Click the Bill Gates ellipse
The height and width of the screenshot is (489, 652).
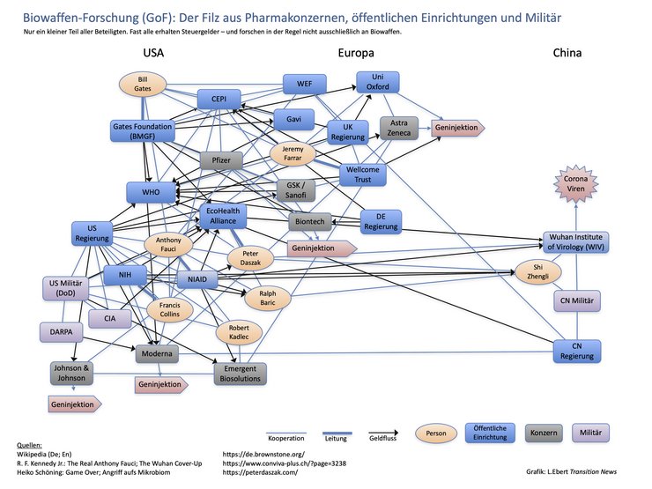143,84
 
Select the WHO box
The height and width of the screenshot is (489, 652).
151,192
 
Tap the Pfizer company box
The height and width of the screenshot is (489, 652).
221,160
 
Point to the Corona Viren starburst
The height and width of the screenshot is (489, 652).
576,184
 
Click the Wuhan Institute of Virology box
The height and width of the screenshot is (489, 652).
575,242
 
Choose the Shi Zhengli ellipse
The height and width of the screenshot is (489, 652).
538,272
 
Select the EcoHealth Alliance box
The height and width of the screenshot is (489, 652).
223,216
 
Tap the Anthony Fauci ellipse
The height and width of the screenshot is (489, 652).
168,245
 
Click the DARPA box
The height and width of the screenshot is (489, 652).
61,332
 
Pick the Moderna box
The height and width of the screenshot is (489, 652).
157,354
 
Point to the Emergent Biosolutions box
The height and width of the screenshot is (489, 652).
240,374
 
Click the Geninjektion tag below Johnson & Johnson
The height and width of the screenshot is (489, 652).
74,404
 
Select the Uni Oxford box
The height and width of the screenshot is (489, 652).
378,82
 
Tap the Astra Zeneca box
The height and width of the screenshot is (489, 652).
399,128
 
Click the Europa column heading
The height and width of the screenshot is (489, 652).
356,53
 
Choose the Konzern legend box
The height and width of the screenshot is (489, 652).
544,433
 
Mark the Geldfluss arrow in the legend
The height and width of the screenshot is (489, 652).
383,433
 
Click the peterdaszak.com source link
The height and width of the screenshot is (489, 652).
260,472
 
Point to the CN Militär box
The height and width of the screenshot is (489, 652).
577,300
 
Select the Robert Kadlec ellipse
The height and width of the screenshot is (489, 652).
239,332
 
